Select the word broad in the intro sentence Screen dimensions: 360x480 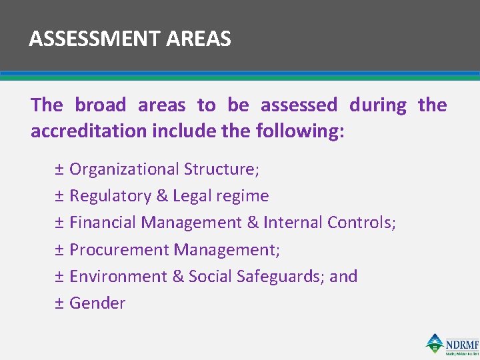(x=100, y=105)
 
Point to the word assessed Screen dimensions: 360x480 (x=299, y=105)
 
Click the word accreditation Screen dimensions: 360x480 (x=89, y=131)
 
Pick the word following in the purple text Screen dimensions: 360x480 (x=299, y=131)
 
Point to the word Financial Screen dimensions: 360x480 (x=103, y=223)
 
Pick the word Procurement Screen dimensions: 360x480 (x=119, y=249)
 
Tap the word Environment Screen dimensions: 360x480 (x=118, y=276)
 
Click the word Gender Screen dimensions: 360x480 (x=97, y=303)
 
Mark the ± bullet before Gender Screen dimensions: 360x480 (x=59, y=303)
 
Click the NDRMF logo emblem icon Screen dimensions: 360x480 (x=435, y=343)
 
